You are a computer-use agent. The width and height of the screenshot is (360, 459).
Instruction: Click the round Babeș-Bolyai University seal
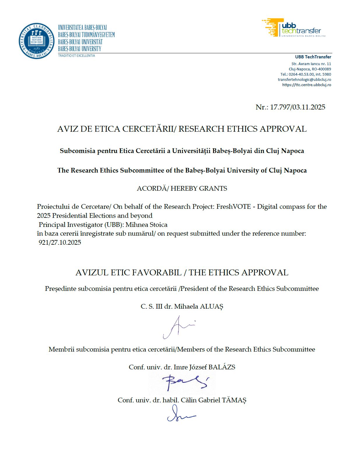point(37,41)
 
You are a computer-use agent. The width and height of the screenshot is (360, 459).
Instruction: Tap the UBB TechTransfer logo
point(293,28)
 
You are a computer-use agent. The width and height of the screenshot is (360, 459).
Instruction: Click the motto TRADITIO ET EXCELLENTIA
point(76,55)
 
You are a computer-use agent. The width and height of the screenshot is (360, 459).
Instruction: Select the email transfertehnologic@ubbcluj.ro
point(304,79)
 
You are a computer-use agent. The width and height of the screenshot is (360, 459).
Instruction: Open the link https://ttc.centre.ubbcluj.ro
point(306,85)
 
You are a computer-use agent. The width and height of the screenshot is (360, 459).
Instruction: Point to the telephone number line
point(305,74)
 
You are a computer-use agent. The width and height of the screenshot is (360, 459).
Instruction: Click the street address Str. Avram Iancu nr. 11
point(311,64)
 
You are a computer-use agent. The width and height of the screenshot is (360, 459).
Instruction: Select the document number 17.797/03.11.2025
point(298,107)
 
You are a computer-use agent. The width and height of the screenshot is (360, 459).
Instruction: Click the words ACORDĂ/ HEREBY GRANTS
point(182,188)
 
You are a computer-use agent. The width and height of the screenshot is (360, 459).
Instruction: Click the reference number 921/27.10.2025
point(60,243)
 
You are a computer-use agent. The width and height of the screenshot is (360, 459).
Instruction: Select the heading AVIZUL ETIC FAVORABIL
point(128,273)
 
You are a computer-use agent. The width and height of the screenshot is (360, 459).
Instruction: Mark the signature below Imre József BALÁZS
point(184,382)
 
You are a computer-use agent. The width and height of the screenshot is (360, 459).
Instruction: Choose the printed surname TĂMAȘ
point(234,400)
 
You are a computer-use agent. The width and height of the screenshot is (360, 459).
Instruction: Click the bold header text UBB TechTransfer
point(313,57)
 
